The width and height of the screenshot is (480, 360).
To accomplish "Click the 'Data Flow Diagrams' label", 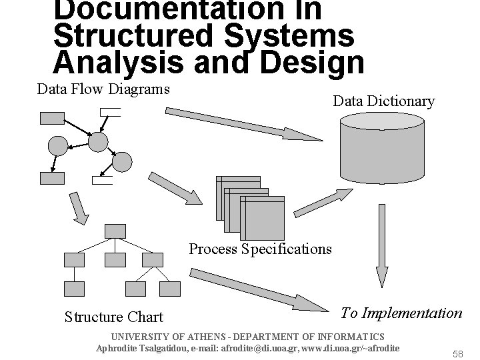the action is pos(103,89).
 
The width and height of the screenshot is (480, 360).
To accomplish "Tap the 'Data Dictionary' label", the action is pos(383,101).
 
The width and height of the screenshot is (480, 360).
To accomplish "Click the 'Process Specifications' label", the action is pos(260,249).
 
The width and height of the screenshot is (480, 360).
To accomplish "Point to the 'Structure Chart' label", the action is pos(114,317).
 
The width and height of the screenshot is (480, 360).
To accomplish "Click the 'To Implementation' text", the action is pos(401,313).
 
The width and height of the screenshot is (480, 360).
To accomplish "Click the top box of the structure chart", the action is pos(115,231).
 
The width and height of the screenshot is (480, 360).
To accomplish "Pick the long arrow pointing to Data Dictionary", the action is pos(244,125).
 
